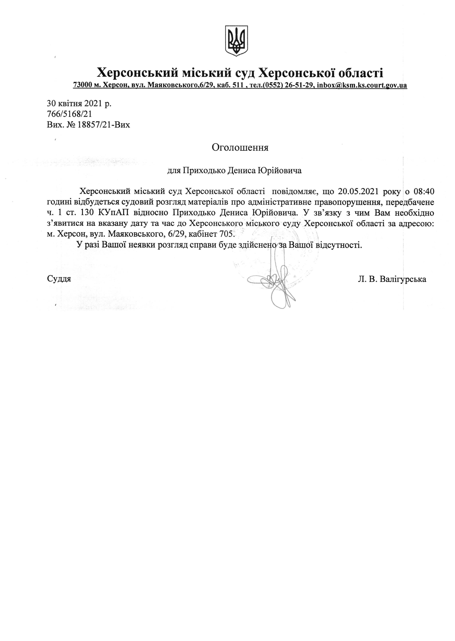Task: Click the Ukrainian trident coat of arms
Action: tap(237, 41)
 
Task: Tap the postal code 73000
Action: tap(82, 85)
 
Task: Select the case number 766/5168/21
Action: tap(69, 114)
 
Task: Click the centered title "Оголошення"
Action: tap(240, 148)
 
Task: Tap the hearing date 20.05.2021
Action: tap(357, 191)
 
